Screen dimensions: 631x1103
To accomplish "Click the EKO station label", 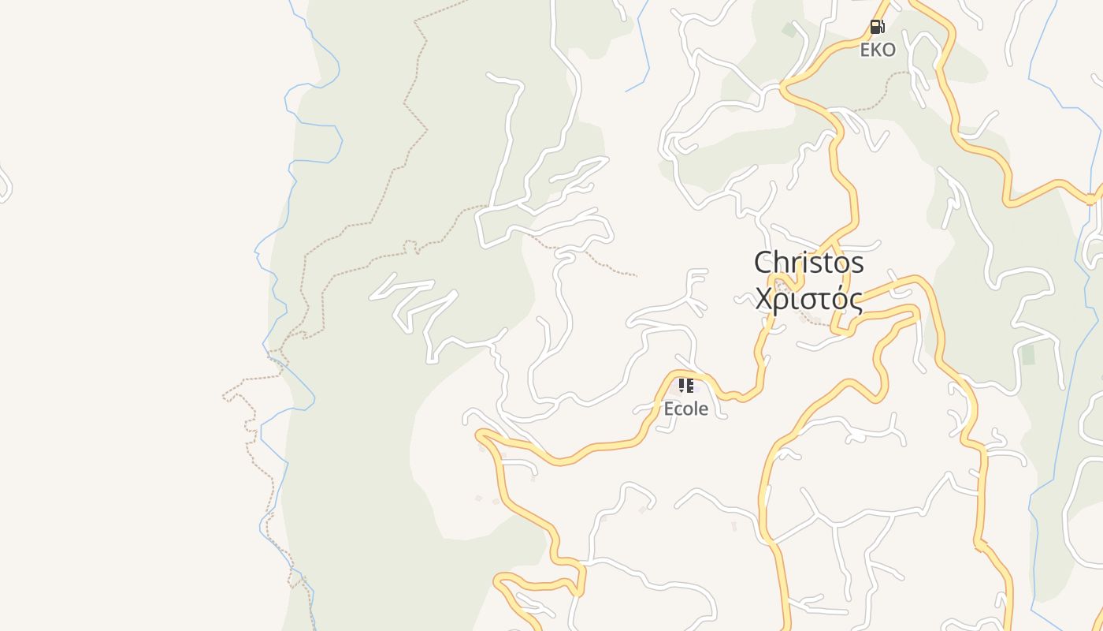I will tap(877, 50).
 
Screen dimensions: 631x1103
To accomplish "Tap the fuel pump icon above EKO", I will tap(877, 27).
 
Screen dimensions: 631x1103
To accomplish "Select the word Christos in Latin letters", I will tap(808, 263).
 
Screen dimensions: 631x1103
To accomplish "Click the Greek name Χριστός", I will tap(808, 300).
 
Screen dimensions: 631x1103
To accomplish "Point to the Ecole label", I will tap(685, 409).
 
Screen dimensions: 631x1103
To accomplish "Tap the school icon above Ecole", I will tap(685, 386).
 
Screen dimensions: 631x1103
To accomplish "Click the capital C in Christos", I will tap(764, 263).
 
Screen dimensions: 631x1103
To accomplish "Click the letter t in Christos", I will tap(826, 263).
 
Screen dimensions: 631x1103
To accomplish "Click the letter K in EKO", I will tap(876, 50).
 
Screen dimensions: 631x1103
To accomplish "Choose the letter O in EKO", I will tap(888, 50).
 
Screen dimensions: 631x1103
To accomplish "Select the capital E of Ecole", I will tap(669, 409).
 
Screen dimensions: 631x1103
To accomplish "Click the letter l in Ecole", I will tap(693, 409).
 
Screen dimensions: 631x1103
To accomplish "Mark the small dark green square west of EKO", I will tap(789, 30).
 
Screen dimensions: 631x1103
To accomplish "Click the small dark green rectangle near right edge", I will tap(1028, 355).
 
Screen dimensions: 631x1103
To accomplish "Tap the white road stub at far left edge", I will tap(5, 185).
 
